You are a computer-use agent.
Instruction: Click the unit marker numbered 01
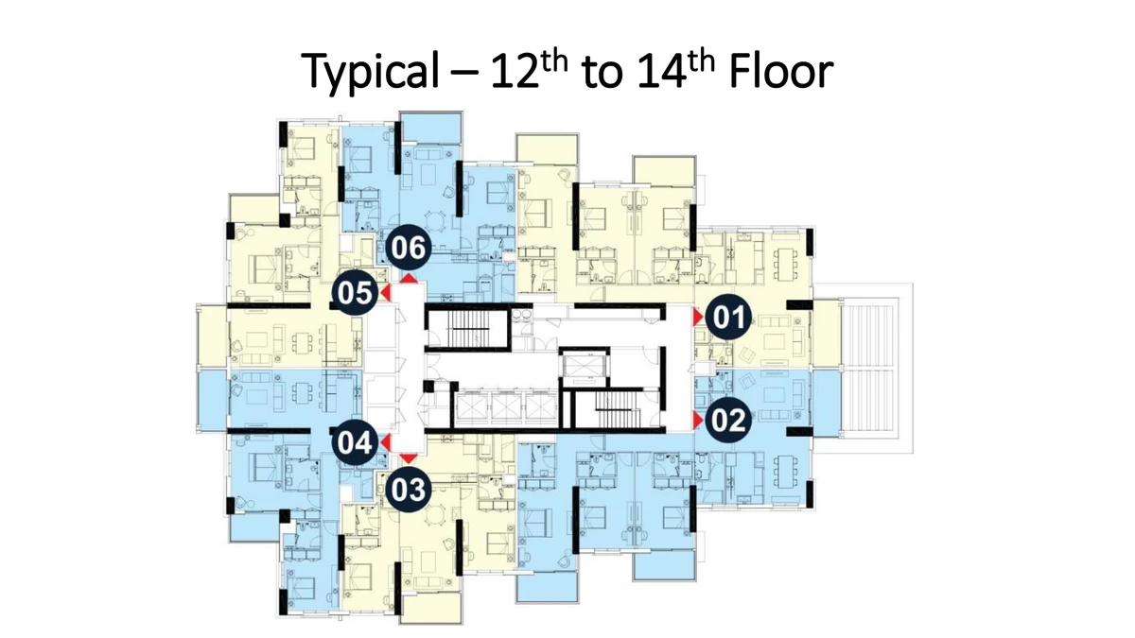pyautogui.click(x=728, y=317)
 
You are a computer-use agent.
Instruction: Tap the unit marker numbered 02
pyautogui.click(x=728, y=420)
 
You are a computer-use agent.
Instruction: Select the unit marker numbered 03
pyautogui.click(x=409, y=490)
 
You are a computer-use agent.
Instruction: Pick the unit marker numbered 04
pyautogui.click(x=355, y=442)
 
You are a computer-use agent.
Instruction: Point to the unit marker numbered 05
pyautogui.click(x=355, y=293)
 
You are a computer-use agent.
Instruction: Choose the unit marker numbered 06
pyautogui.click(x=409, y=248)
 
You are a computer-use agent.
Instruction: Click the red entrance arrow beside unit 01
pyautogui.click(x=698, y=317)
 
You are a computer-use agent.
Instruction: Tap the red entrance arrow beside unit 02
pyautogui.click(x=698, y=420)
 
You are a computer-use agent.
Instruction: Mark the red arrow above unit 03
pyautogui.click(x=409, y=458)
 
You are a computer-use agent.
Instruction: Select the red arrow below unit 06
pyautogui.click(x=409, y=279)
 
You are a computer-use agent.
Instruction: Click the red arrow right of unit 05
pyautogui.click(x=386, y=293)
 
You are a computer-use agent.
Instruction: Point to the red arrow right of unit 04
pyautogui.click(x=386, y=442)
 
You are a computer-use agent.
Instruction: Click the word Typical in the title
pyautogui.click(x=371, y=72)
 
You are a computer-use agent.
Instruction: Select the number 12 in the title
pyautogui.click(x=514, y=71)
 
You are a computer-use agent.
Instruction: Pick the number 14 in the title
pyautogui.click(x=661, y=71)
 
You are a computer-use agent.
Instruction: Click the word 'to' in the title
pyautogui.click(x=602, y=74)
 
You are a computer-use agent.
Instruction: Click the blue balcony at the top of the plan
pyautogui.click(x=430, y=128)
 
